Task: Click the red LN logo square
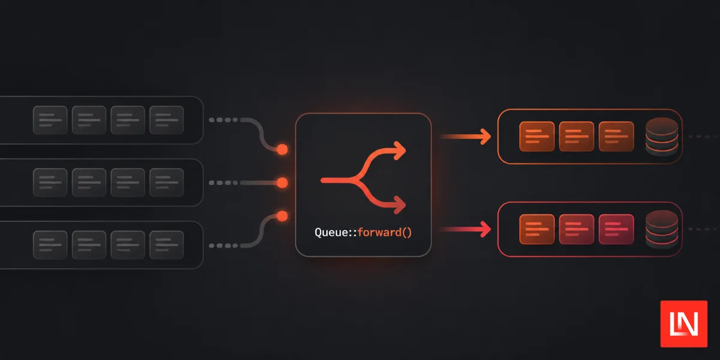click(683, 323)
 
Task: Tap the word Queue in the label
click(330, 232)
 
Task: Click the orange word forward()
click(385, 232)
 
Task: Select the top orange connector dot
click(282, 149)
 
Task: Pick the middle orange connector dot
click(282, 182)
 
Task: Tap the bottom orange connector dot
click(282, 216)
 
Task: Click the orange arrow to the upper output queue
click(466, 137)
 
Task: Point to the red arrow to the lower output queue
click(466, 229)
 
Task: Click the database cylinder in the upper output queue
click(662, 137)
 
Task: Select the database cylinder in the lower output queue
click(662, 229)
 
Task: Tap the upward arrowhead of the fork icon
click(400, 150)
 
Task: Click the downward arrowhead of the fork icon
click(400, 205)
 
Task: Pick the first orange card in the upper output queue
click(537, 137)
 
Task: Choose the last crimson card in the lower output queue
click(616, 229)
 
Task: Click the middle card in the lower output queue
click(577, 229)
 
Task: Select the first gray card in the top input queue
click(50, 120)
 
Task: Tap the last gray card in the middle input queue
click(167, 182)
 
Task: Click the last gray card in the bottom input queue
click(167, 245)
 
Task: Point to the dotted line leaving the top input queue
click(223, 120)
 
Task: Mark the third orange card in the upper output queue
click(616, 137)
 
